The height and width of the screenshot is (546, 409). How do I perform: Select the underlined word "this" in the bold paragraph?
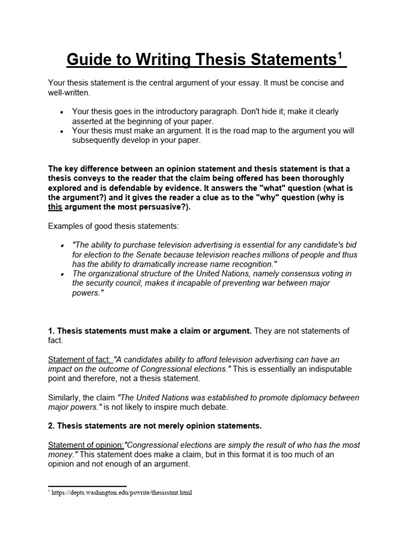[55, 207]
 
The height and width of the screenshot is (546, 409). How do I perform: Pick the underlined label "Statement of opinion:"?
[86, 445]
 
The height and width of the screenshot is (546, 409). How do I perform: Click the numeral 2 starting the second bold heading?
[51, 425]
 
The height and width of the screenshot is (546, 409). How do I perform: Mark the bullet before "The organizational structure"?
[62, 274]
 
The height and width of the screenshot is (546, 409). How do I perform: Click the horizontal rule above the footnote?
[87, 486]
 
